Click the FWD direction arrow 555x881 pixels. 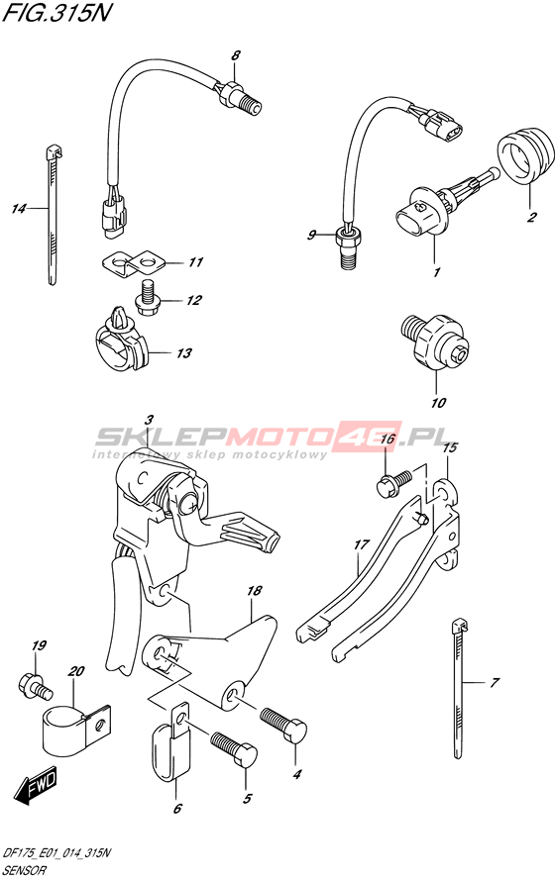(x=36, y=783)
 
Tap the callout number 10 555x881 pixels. (x=438, y=402)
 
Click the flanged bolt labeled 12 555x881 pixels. (x=148, y=296)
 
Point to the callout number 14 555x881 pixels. (x=19, y=209)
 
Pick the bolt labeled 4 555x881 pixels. (x=283, y=724)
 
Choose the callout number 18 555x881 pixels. (x=254, y=591)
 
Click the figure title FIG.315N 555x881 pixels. (x=55, y=13)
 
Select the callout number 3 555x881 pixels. (x=149, y=420)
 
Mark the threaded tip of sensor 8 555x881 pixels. (x=252, y=106)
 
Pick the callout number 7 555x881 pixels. (x=494, y=683)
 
